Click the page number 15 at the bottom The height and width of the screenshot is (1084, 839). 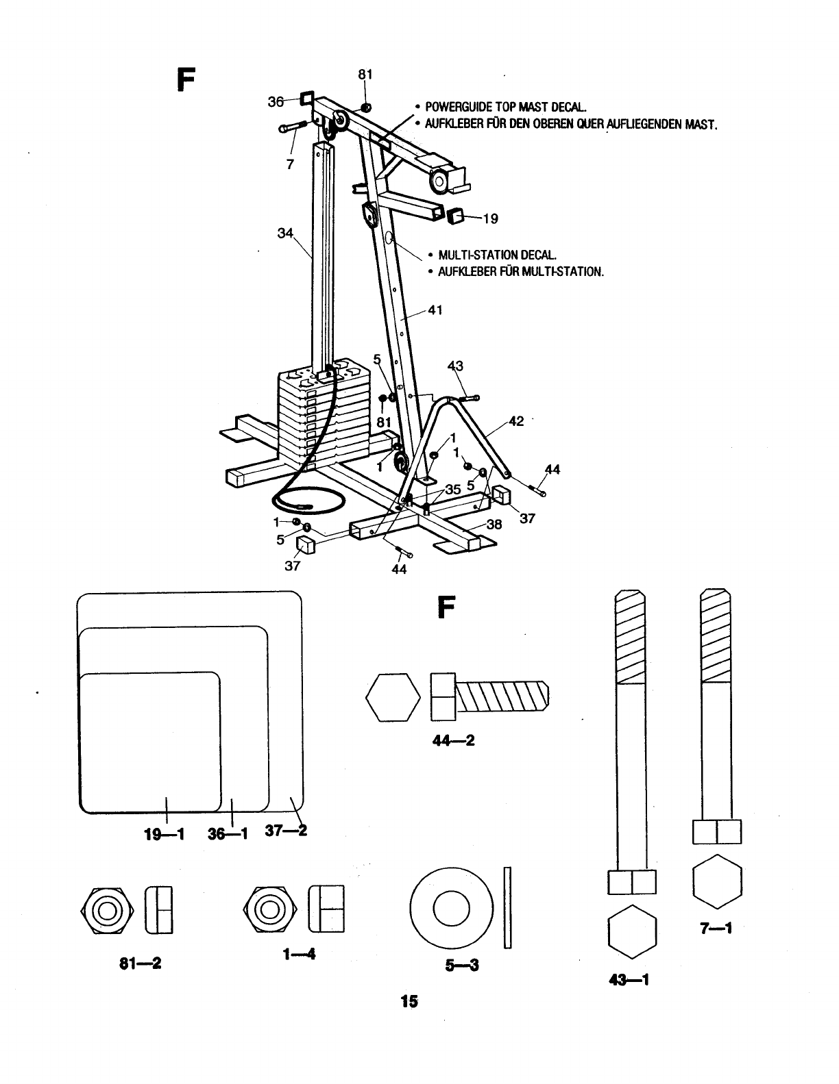click(409, 1000)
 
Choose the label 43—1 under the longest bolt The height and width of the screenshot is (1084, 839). click(630, 980)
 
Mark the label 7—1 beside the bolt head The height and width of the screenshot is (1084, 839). click(716, 929)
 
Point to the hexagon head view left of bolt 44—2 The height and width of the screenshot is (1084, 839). click(393, 698)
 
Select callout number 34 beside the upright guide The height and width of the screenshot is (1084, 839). click(285, 234)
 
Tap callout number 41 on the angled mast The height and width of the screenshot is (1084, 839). click(435, 310)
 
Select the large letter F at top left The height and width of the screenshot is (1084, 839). click(186, 80)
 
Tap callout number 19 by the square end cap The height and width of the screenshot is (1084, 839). click(490, 218)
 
